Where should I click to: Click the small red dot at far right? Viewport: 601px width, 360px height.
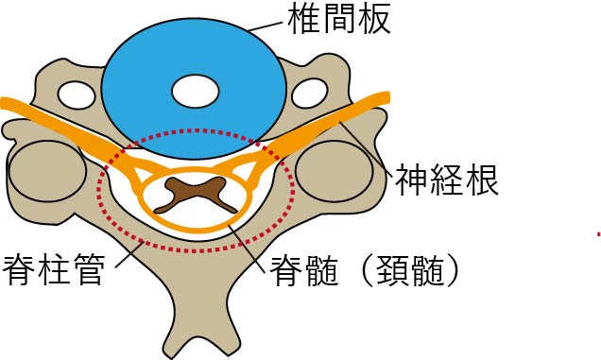[x=598, y=232]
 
